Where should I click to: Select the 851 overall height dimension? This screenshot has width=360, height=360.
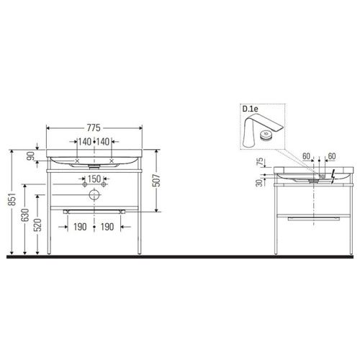pyautogui.click(x=12, y=202)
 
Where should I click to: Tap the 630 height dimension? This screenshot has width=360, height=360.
pyautogui.click(x=25, y=215)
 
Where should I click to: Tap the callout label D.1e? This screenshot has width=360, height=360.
pyautogui.click(x=251, y=109)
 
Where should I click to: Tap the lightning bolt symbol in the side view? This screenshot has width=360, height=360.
pyautogui.click(x=332, y=175)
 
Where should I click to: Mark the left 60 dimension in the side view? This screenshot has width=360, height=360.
pyautogui.click(x=307, y=156)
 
